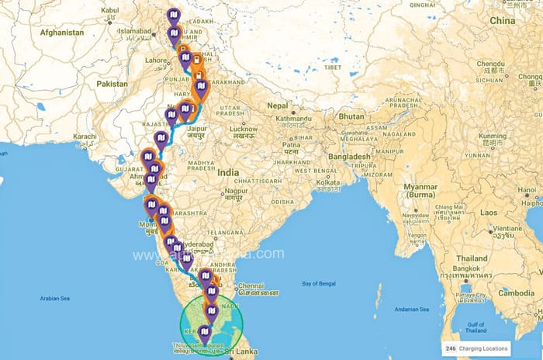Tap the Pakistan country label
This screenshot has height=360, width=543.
[x=113, y=83]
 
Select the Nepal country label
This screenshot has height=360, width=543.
[x=278, y=105]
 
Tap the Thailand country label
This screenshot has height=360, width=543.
[x=472, y=258]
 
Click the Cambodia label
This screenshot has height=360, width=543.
[x=516, y=292]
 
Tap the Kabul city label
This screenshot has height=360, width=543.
[x=109, y=10]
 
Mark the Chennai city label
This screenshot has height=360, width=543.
[x=254, y=284]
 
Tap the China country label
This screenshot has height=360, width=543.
[x=502, y=20]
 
